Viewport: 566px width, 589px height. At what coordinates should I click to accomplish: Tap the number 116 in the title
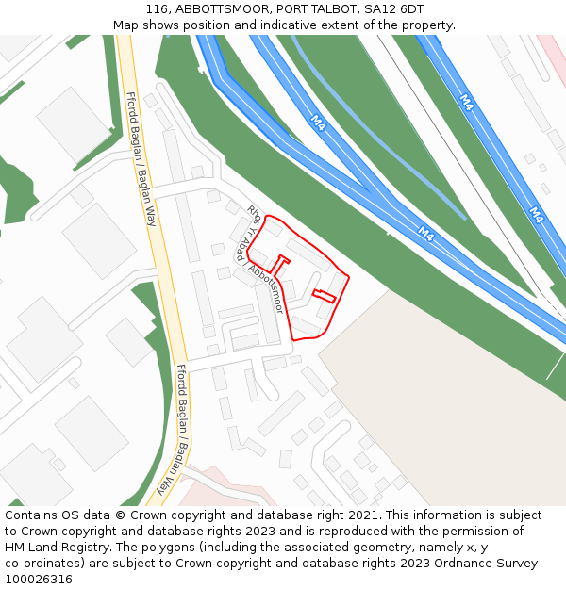(158, 9)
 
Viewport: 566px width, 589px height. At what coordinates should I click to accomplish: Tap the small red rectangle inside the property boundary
(324, 295)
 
